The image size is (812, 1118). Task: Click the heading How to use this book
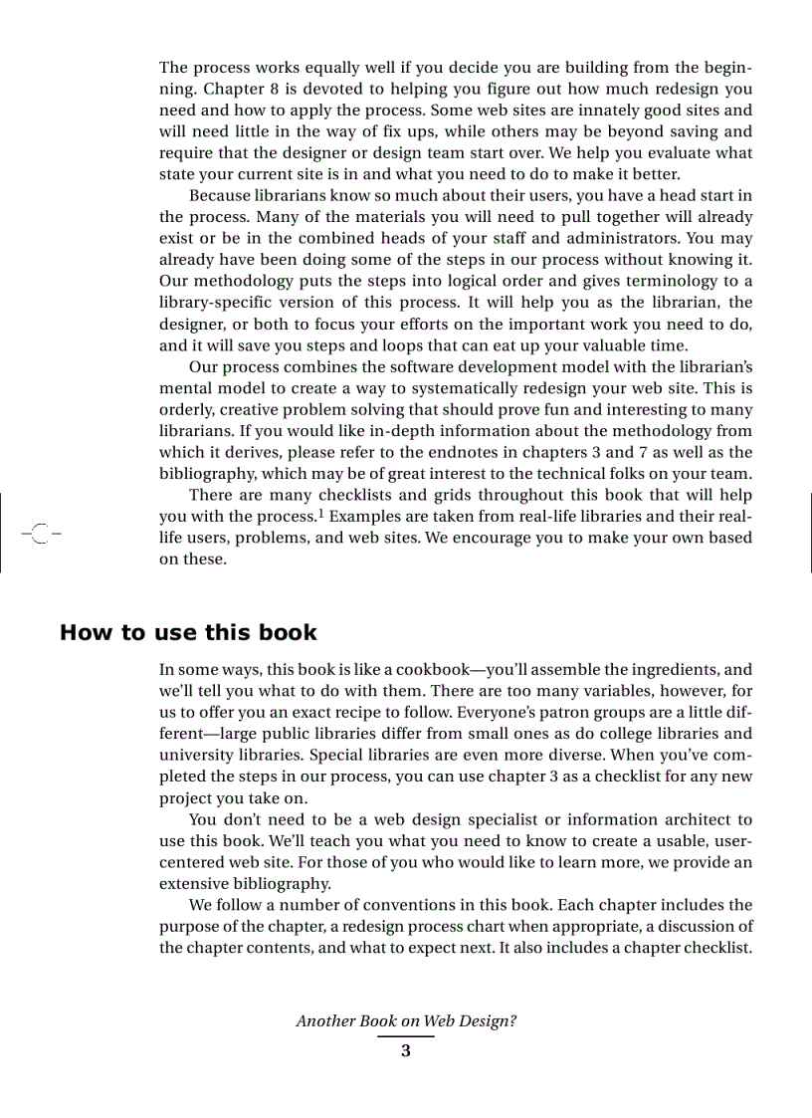click(188, 633)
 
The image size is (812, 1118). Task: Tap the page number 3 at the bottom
click(405, 1051)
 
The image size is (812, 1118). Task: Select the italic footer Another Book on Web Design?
click(406, 1021)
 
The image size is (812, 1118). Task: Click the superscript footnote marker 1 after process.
click(320, 514)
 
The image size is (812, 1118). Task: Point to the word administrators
click(613, 238)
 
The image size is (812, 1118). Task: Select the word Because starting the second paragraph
click(220, 195)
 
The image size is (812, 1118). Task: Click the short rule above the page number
click(405, 1036)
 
